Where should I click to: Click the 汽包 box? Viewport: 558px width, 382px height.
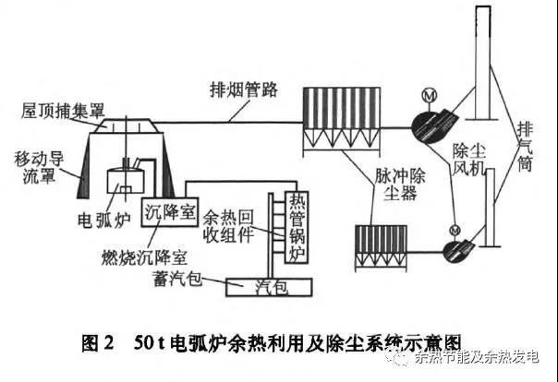pyautogui.click(x=272, y=287)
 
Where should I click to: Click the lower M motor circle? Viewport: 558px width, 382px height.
pyautogui.click(x=455, y=229)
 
